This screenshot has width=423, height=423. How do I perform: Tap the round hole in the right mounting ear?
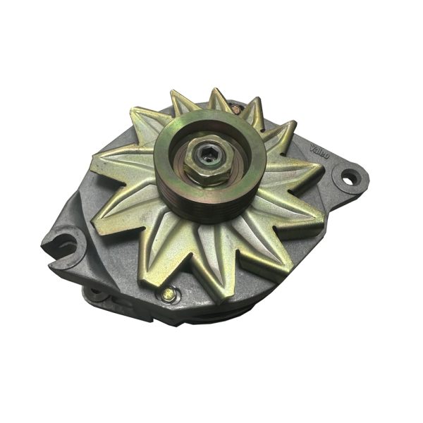click(x=348, y=177)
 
